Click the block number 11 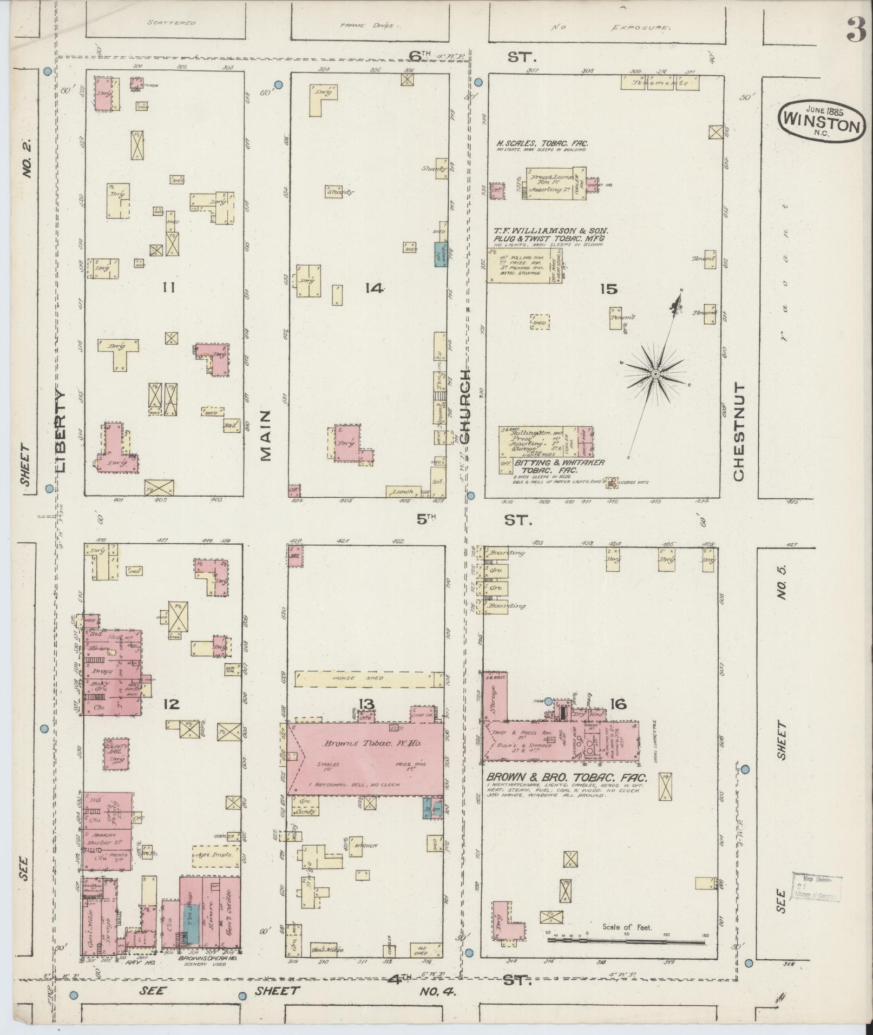pyautogui.click(x=168, y=288)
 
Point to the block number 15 pyautogui.click(x=608, y=289)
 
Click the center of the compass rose pyautogui.click(x=655, y=374)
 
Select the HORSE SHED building pyautogui.click(x=369, y=678)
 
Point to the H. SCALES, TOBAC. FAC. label pyautogui.click(x=542, y=144)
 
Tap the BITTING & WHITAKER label pyautogui.click(x=558, y=463)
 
